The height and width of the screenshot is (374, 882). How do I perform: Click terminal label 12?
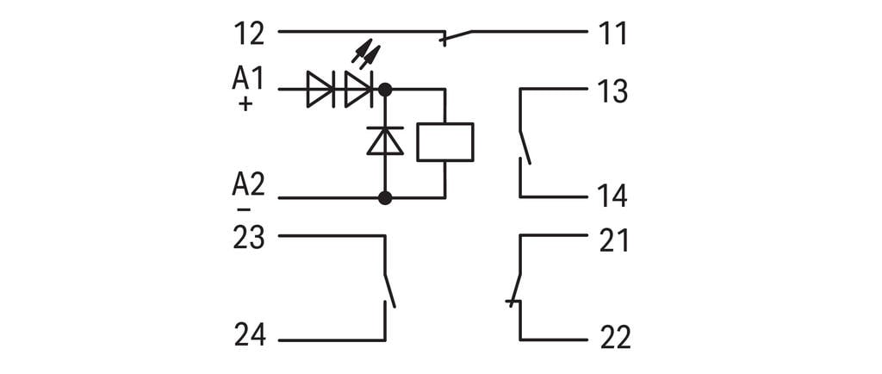pyautogui.click(x=249, y=34)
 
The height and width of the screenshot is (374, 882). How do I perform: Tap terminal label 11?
pyautogui.click(x=612, y=34)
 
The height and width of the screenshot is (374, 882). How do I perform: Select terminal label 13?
pyautogui.click(x=612, y=92)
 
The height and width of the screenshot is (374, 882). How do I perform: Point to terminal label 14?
pyautogui.click(x=612, y=196)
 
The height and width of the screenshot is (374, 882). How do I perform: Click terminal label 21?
pyautogui.click(x=612, y=240)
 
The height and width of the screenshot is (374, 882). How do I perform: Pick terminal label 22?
pyautogui.click(x=612, y=337)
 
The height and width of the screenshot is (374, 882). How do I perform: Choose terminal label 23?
pyautogui.click(x=249, y=237)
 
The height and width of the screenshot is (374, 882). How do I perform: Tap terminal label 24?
pyautogui.click(x=249, y=334)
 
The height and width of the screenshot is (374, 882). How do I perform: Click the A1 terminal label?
pyautogui.click(x=248, y=78)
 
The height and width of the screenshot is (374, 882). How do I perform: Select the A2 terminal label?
pyautogui.click(x=248, y=184)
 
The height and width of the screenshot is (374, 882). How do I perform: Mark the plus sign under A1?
pyautogui.click(x=245, y=104)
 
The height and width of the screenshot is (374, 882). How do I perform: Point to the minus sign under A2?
pyautogui.click(x=245, y=209)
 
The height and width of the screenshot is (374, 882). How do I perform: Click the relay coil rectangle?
pyautogui.click(x=444, y=142)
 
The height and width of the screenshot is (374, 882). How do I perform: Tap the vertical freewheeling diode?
pyautogui.click(x=385, y=140)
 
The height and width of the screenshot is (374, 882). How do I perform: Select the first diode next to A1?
pyautogui.click(x=320, y=90)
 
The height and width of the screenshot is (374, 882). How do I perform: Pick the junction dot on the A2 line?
pyautogui.click(x=385, y=198)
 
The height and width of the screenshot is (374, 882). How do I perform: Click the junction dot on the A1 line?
pyautogui.click(x=385, y=89)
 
